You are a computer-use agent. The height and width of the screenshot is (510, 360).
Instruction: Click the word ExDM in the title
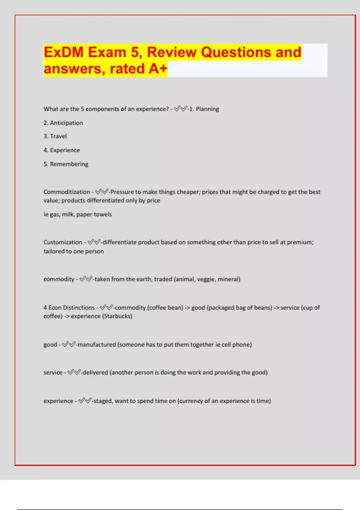64,52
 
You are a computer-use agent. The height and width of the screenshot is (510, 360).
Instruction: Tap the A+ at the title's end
157,69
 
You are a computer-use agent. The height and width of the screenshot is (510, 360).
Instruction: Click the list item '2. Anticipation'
63,123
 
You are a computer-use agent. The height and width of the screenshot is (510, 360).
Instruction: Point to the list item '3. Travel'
55,136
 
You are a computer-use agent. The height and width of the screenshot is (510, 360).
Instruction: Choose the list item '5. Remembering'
66,164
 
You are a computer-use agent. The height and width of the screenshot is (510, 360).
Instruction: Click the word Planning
207,109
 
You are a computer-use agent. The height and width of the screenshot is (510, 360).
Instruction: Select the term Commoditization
67,192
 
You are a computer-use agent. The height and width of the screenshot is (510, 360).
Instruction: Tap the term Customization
63,242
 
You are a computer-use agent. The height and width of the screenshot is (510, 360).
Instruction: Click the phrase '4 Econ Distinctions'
69,308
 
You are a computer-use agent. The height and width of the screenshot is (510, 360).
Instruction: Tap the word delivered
95,373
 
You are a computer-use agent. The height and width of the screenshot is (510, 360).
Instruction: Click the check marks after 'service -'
74,373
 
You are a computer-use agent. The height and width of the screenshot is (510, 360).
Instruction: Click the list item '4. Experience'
61,150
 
